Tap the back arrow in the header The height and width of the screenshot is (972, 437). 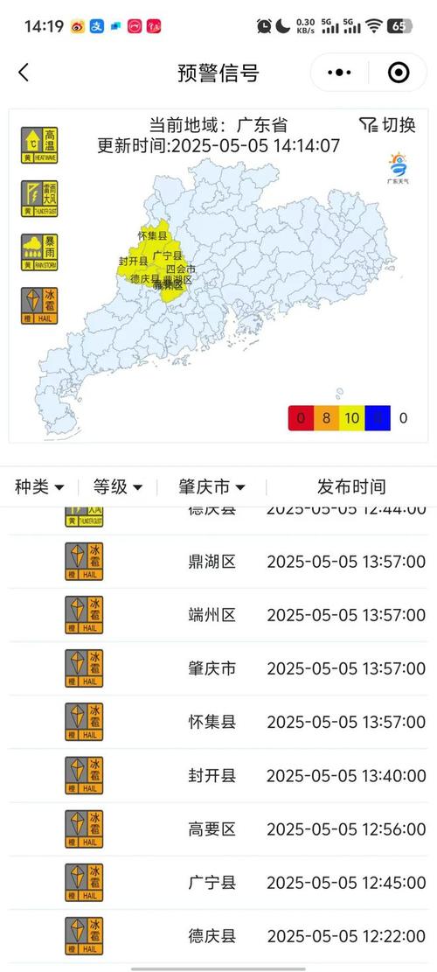pyautogui.click(x=24, y=73)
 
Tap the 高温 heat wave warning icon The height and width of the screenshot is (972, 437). pyautogui.click(x=39, y=144)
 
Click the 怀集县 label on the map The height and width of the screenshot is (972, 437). pyautogui.click(x=151, y=234)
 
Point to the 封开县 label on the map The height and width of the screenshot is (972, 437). pyautogui.click(x=133, y=262)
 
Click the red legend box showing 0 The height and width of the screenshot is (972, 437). pyautogui.click(x=301, y=418)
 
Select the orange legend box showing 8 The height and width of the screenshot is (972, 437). pyautogui.click(x=326, y=418)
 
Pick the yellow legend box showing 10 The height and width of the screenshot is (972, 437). pyautogui.click(x=351, y=418)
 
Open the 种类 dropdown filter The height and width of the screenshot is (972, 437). pyautogui.click(x=39, y=487)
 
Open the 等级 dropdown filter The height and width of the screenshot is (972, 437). pyautogui.click(x=118, y=487)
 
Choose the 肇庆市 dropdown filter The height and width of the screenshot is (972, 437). pyautogui.click(x=212, y=487)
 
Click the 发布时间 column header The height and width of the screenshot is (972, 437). pyautogui.click(x=350, y=487)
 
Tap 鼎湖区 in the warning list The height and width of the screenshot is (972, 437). pyautogui.click(x=212, y=562)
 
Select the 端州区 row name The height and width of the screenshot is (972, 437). pyautogui.click(x=212, y=615)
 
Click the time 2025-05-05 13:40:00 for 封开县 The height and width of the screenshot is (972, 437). pyautogui.click(x=346, y=776)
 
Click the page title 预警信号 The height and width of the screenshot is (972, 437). pyautogui.click(x=218, y=73)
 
